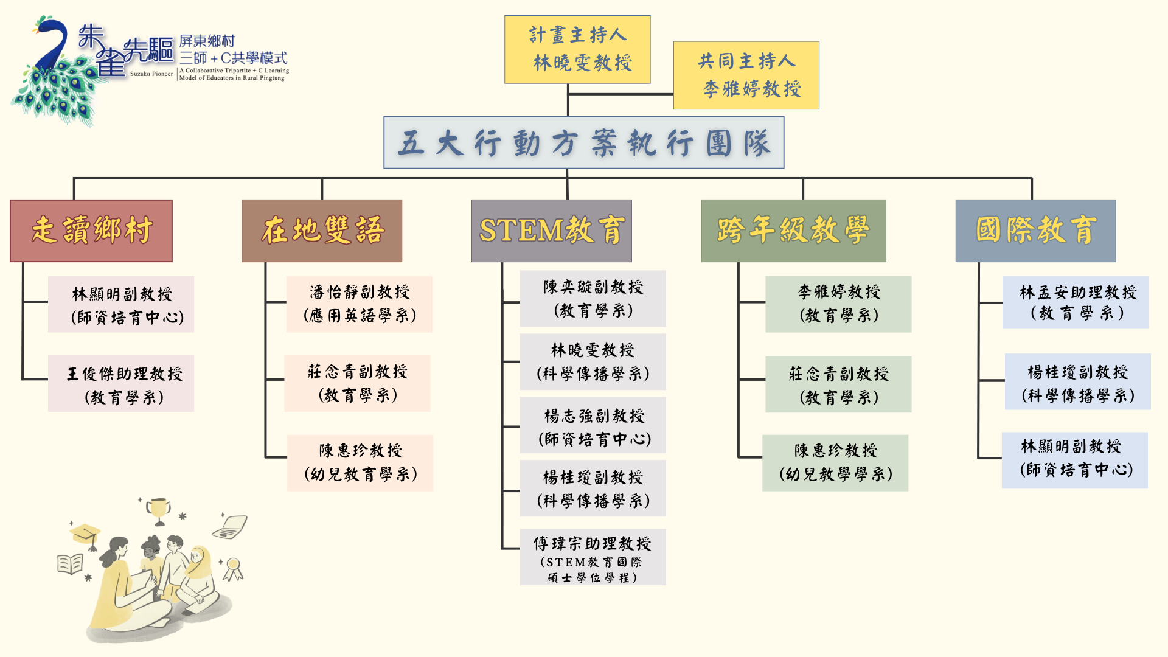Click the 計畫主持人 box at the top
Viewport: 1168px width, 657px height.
[577, 49]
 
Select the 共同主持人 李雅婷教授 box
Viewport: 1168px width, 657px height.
[746, 75]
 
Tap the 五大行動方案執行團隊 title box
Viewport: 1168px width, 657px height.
[583, 143]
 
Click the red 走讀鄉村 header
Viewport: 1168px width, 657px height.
[91, 231]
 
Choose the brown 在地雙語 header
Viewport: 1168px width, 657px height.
[322, 231]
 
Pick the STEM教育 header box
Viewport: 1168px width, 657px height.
[551, 231]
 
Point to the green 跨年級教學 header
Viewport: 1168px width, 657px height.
[793, 231]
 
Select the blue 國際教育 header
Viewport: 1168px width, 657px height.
[1035, 231]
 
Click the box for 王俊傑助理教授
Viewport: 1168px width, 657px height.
[121, 384]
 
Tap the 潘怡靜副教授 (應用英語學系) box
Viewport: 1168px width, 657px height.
[360, 304]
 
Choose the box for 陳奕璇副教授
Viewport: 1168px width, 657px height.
[593, 299]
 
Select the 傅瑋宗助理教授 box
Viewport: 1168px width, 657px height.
[593, 557]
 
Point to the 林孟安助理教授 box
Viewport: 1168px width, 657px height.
[1076, 302]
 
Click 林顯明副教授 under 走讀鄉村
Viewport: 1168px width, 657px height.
[121, 304]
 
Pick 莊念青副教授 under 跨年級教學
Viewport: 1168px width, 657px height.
[838, 384]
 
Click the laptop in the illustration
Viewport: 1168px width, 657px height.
[231, 527]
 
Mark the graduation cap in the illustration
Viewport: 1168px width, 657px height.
[85, 534]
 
